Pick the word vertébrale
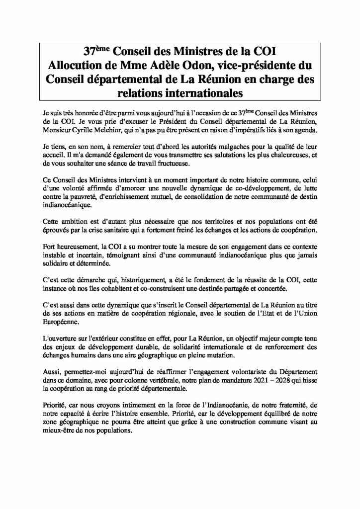142,381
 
